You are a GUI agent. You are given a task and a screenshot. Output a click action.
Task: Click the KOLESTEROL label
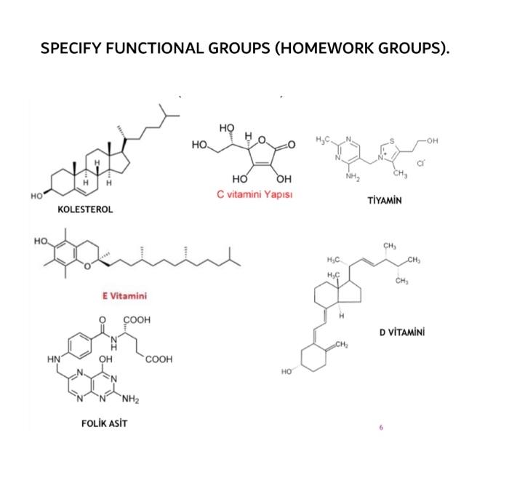click(85, 210)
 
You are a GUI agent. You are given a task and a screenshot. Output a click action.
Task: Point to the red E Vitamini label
click(124, 295)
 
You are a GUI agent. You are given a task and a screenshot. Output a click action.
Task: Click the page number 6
click(380, 426)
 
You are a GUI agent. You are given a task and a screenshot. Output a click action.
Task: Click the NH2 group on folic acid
click(130, 399)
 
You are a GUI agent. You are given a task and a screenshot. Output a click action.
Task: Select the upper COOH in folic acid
click(137, 319)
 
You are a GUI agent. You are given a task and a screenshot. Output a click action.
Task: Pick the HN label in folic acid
click(53, 359)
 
